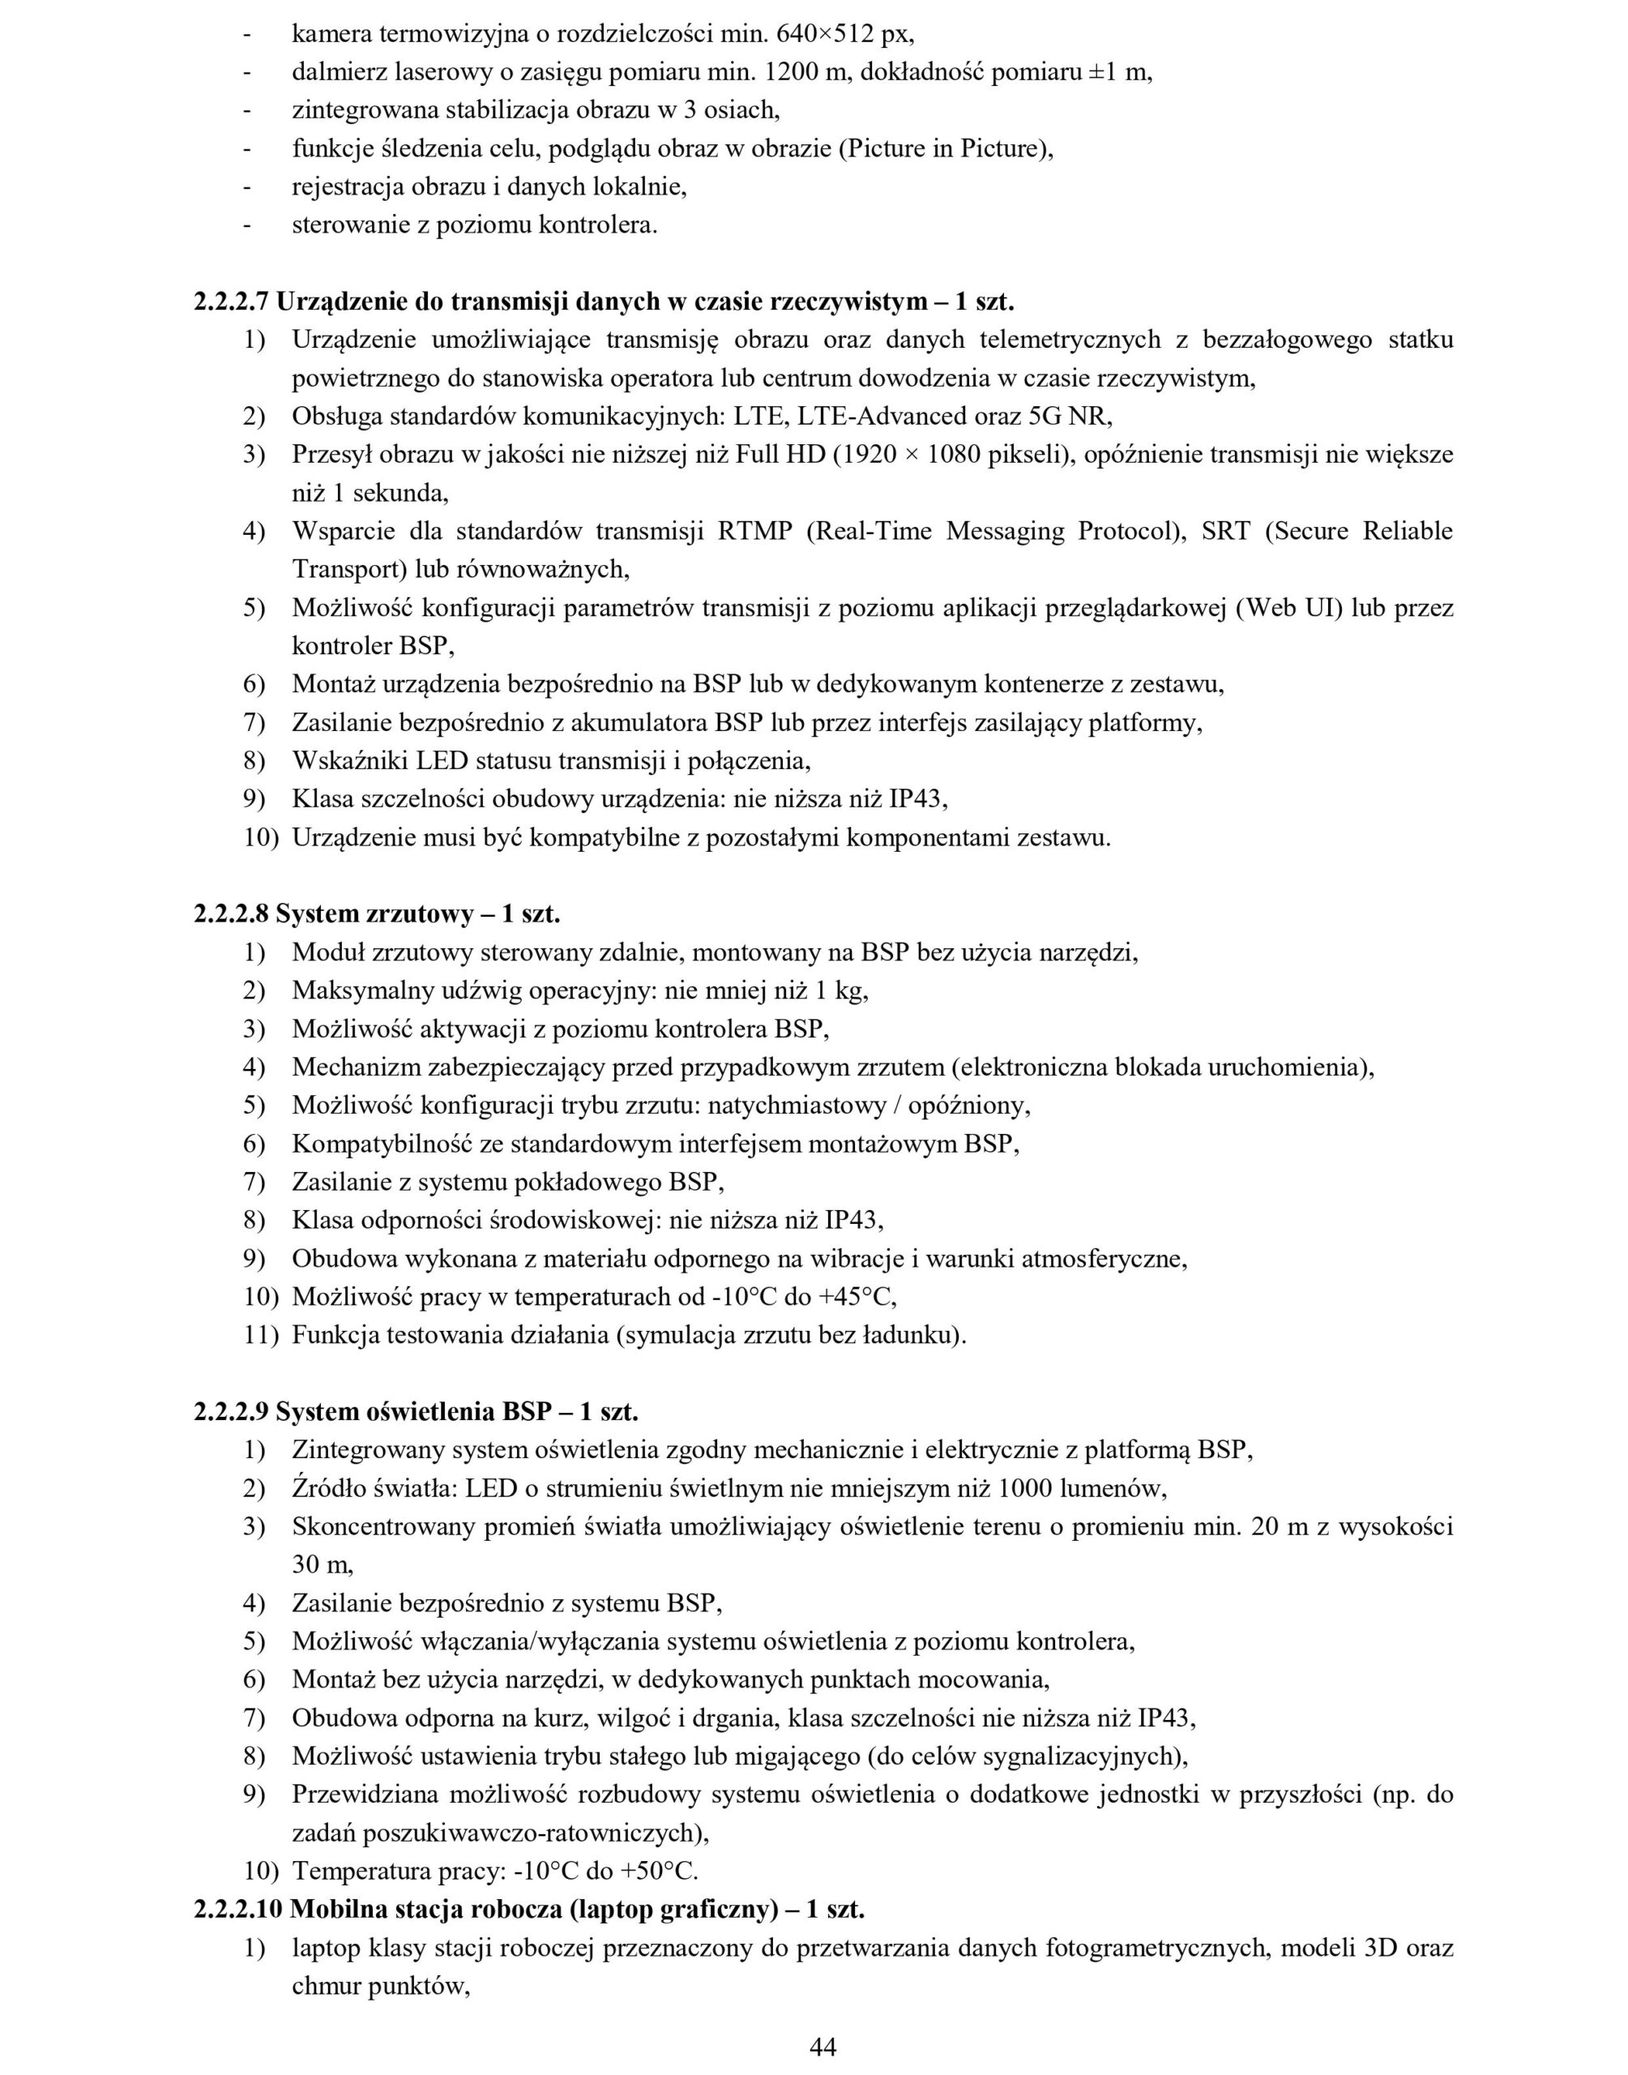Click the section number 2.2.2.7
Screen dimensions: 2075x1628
tap(232, 302)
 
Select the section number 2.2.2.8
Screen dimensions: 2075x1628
tap(232, 914)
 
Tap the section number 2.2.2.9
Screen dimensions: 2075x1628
tap(232, 1412)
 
